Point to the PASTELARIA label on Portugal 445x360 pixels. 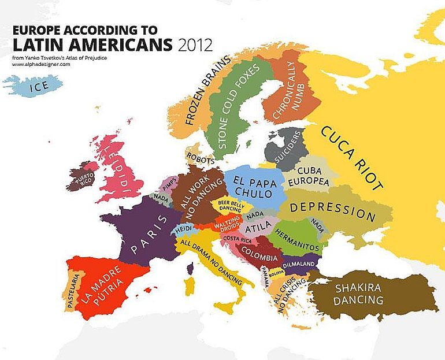(x=72, y=290)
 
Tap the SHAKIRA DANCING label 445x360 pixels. (x=358, y=294)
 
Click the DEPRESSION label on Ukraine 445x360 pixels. (x=332, y=210)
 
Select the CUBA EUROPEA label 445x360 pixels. (x=312, y=176)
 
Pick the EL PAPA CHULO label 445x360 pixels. (x=253, y=185)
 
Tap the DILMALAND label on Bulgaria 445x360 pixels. (x=298, y=263)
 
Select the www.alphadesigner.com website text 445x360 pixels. (x=40, y=64)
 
